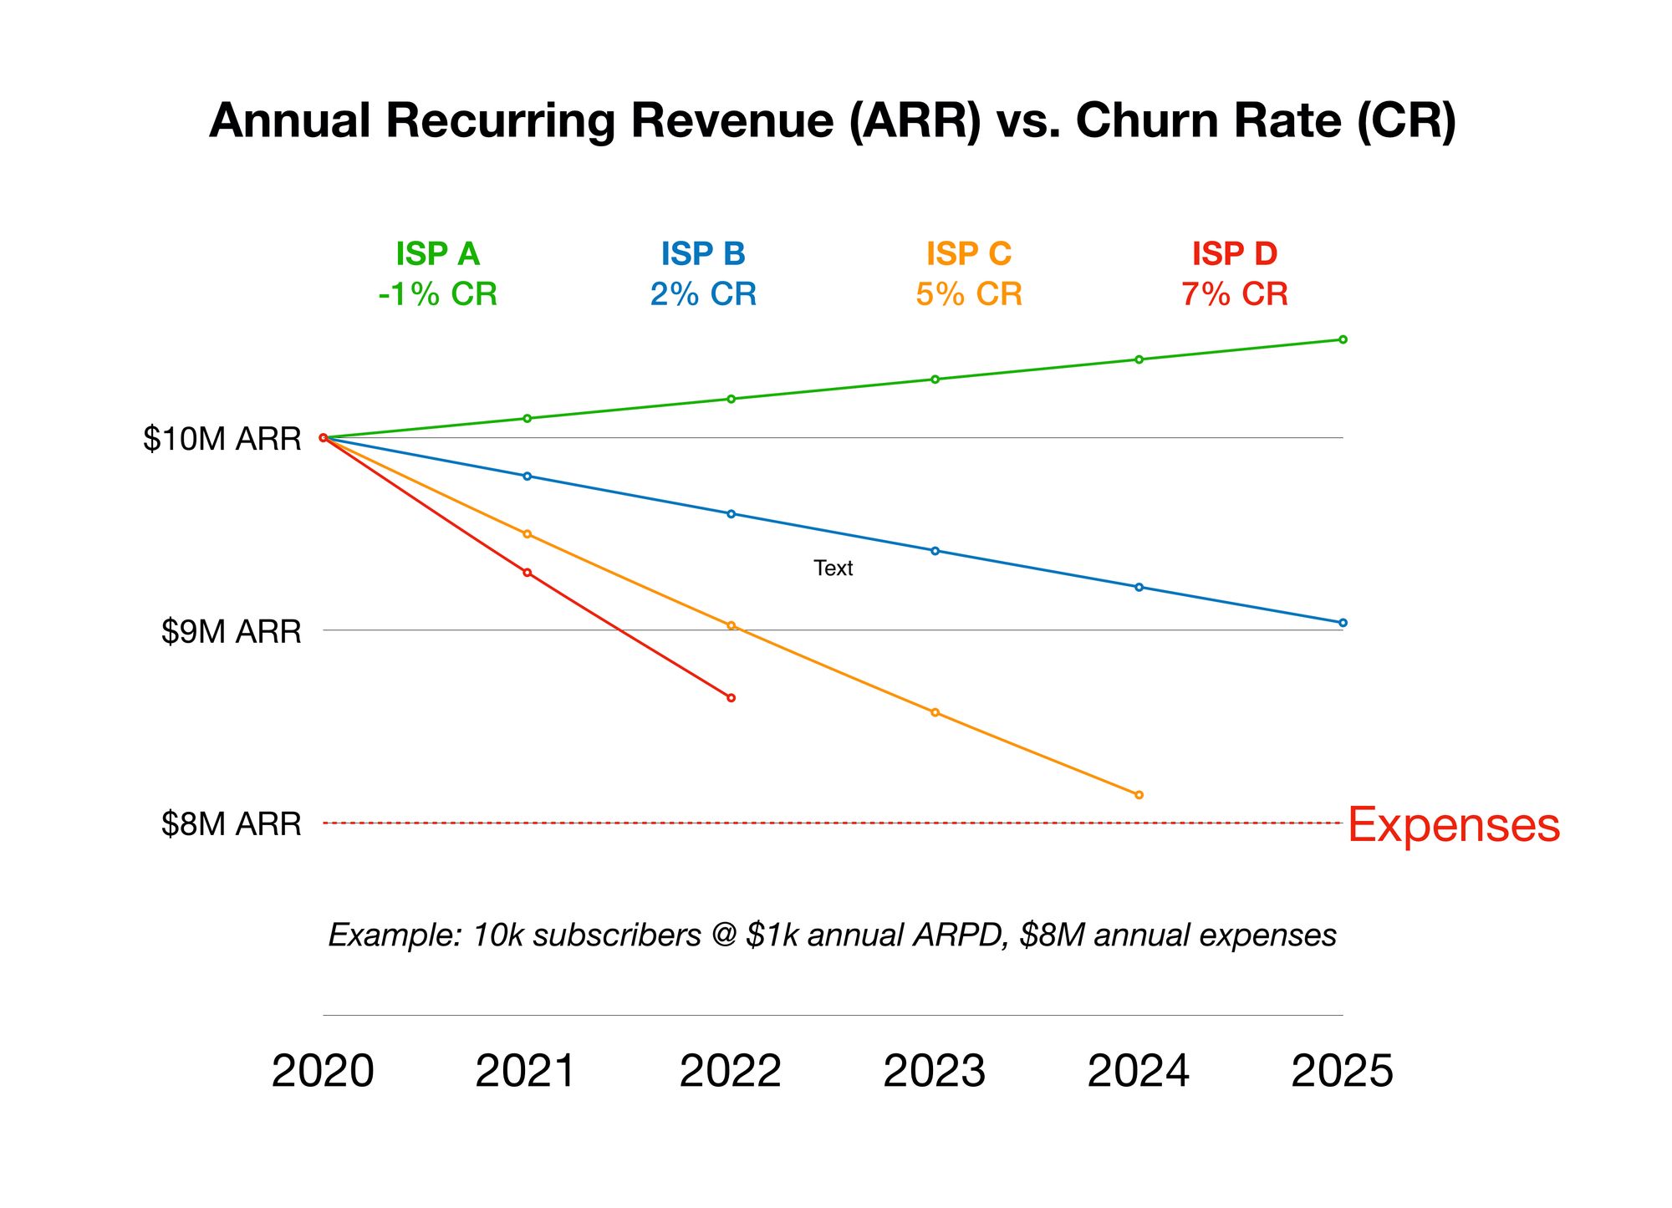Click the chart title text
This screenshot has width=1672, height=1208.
(x=833, y=120)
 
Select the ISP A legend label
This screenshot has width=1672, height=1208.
(x=437, y=253)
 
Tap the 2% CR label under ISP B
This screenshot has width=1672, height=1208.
(x=703, y=294)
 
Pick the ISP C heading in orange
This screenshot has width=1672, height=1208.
(x=968, y=253)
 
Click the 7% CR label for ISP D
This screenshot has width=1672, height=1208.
(x=1234, y=294)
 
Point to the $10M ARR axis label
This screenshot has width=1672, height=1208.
(x=222, y=439)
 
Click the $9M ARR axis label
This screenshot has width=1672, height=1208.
(x=231, y=632)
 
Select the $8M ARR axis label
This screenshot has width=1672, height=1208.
(x=231, y=824)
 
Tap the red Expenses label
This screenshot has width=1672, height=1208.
(x=1453, y=825)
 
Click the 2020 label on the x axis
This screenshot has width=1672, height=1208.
(x=323, y=1071)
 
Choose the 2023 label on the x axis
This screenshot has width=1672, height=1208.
(x=935, y=1071)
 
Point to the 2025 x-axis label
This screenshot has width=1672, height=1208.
(x=1343, y=1071)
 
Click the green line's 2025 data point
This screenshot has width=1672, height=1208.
(x=1343, y=339)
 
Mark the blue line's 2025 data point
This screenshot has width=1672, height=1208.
(x=1343, y=623)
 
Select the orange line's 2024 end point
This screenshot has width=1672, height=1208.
(x=1139, y=795)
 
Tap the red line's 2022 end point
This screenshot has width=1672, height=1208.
(x=731, y=698)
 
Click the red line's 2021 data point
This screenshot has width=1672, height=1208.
(x=527, y=573)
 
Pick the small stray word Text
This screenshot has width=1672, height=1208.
(x=833, y=568)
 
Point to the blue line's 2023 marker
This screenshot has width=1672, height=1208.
(x=935, y=551)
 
